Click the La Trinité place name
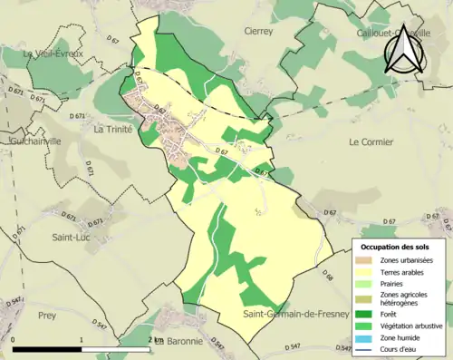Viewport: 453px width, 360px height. [x=113, y=129]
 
